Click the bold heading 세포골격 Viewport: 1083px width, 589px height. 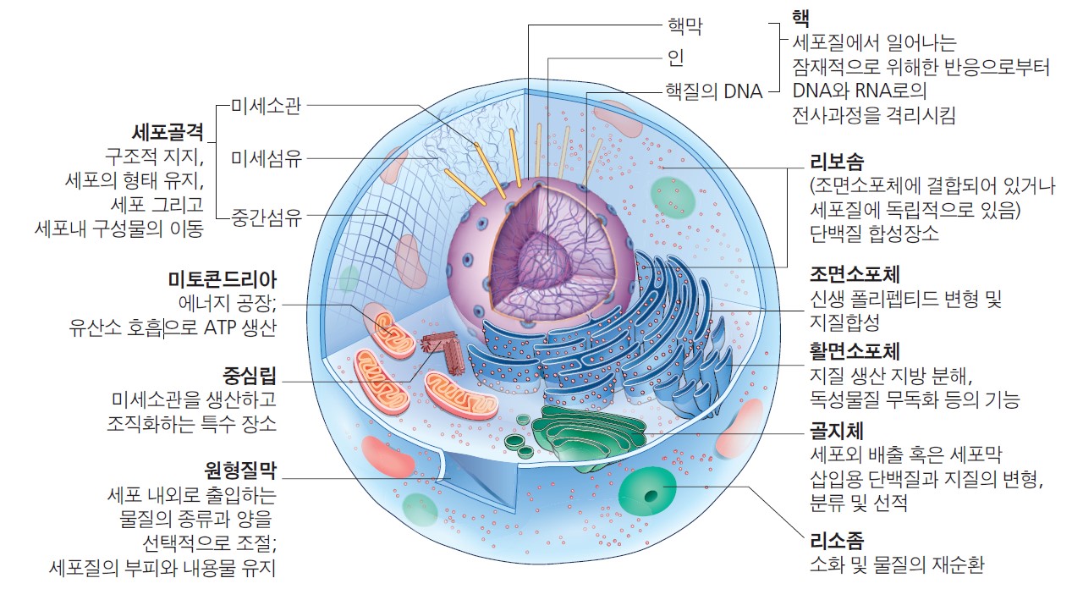tap(168, 132)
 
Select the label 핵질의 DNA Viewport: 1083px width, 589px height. tap(714, 91)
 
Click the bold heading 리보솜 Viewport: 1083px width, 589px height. tap(837, 162)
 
